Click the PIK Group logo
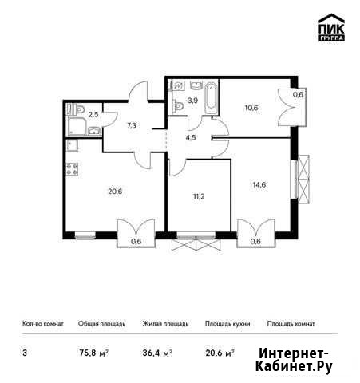pos(331,27)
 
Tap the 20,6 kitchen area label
pos(115,191)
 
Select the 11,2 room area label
pos(199,197)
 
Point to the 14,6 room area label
pos(259,184)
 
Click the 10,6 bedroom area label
pos(251,108)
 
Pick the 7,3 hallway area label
pos(132,125)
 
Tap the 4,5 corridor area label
pos(191,138)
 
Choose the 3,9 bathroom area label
pos(192,101)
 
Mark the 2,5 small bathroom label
pos(93,115)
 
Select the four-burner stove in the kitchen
pos(72,169)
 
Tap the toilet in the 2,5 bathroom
pos(78,109)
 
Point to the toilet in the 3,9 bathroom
pos(178,106)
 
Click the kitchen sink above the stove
pos(72,146)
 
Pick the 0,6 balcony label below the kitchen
pos(136,241)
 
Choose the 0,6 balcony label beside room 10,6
pos(298,94)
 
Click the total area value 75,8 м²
pos(93,353)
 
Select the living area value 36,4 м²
pos(157,353)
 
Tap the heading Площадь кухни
pos(227,324)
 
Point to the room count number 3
pos(25,353)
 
